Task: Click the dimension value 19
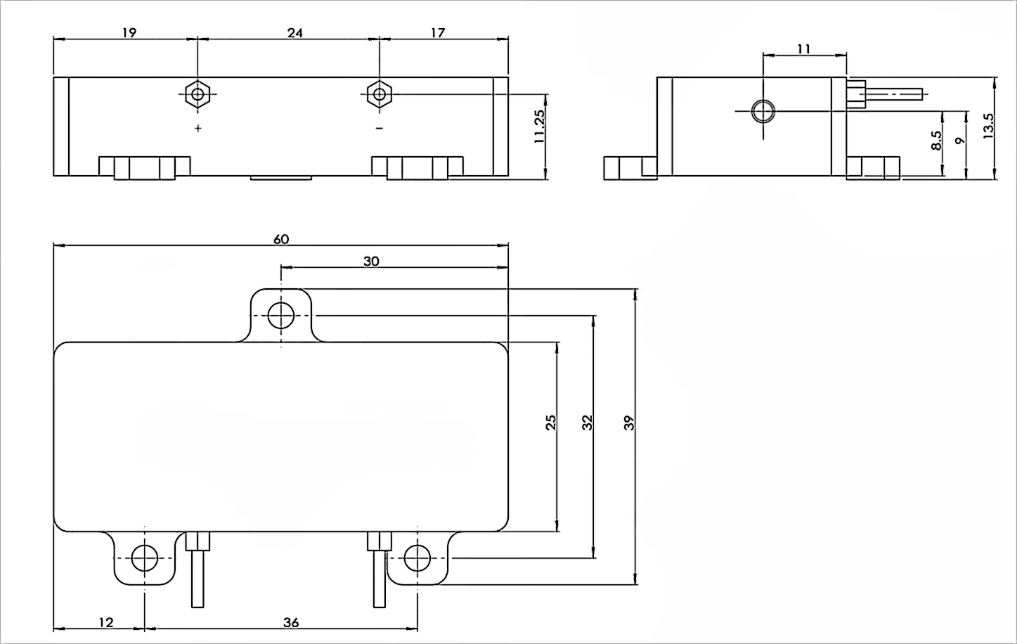[x=129, y=32]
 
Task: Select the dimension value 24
[x=295, y=32]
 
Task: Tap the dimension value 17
[x=437, y=32]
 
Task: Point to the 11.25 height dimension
[x=540, y=127]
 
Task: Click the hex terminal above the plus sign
[x=198, y=94]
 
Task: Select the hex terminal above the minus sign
[x=379, y=94]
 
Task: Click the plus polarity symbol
[x=198, y=128]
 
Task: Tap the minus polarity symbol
[x=379, y=128]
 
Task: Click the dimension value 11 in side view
[x=805, y=49]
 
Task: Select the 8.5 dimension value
[x=936, y=140]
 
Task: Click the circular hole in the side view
[x=763, y=111]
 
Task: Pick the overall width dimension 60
[x=280, y=239]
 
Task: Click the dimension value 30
[x=371, y=261]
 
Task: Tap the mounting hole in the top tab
[x=281, y=315]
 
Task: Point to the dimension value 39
[x=629, y=423]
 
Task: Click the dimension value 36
[x=291, y=622]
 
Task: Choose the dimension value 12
[x=106, y=622]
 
